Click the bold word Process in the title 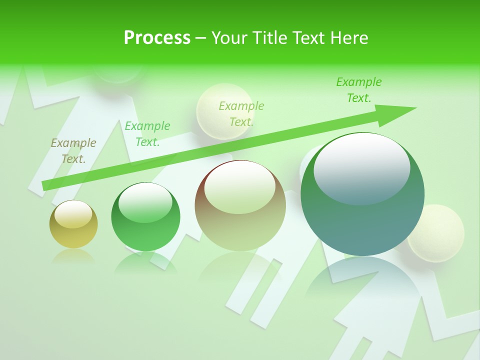click(157, 38)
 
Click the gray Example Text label click(73, 151)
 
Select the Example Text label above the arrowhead click(359, 90)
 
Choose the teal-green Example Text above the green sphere click(147, 134)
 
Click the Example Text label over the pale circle click(241, 114)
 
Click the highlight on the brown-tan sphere click(239, 188)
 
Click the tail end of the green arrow click(46, 185)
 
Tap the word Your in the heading click(229, 38)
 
